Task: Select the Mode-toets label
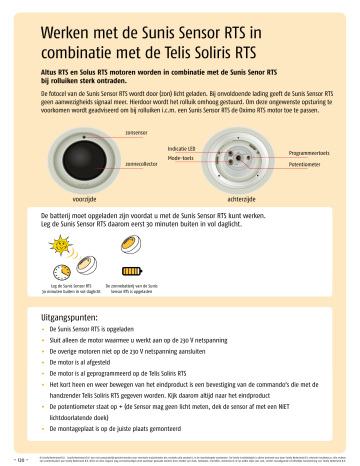180,158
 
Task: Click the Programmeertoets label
308,152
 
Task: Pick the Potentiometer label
305,163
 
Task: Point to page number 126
14,457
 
